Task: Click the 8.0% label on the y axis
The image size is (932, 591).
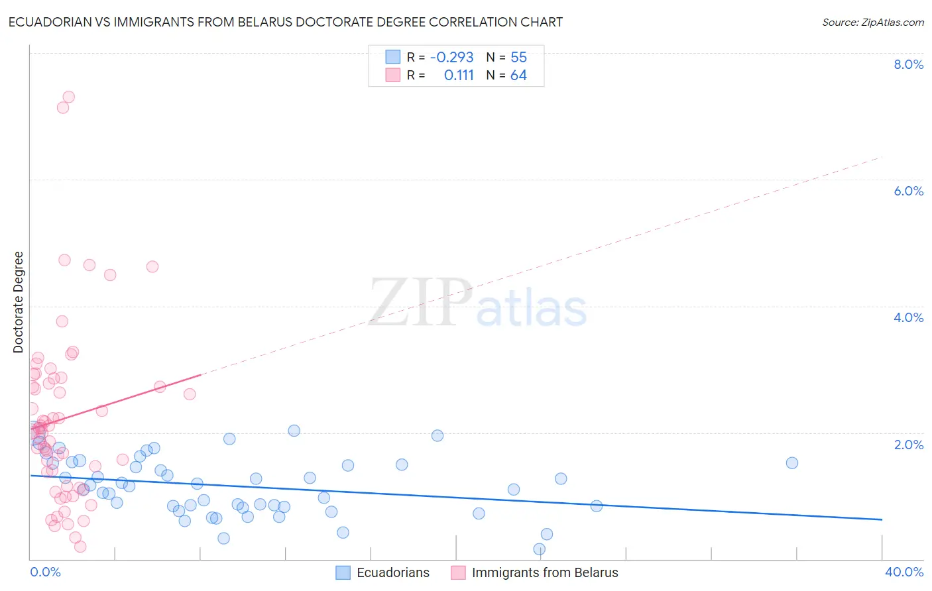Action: coord(908,64)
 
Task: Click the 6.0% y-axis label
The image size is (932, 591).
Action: coord(908,191)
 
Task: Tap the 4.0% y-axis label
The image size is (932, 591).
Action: coord(908,317)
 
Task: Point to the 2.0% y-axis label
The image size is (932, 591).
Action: coord(908,445)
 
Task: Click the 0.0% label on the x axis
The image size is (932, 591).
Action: coord(45,572)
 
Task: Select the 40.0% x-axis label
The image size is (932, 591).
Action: coord(903,572)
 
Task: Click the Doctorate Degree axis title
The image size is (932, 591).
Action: coord(19,302)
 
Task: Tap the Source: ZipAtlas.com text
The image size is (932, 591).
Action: coord(872,23)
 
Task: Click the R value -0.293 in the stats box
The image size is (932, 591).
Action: coord(451,58)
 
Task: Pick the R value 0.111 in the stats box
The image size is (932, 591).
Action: coord(459,76)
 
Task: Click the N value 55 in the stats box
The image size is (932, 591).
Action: coord(518,58)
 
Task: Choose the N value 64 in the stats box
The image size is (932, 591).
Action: coord(518,76)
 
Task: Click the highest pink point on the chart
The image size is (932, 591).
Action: coord(68,97)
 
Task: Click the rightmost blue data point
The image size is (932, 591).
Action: coord(791,462)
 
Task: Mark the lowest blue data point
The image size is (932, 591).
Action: coord(539,549)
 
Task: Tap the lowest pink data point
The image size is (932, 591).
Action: coord(80,546)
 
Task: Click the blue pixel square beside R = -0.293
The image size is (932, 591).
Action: coord(393,57)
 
